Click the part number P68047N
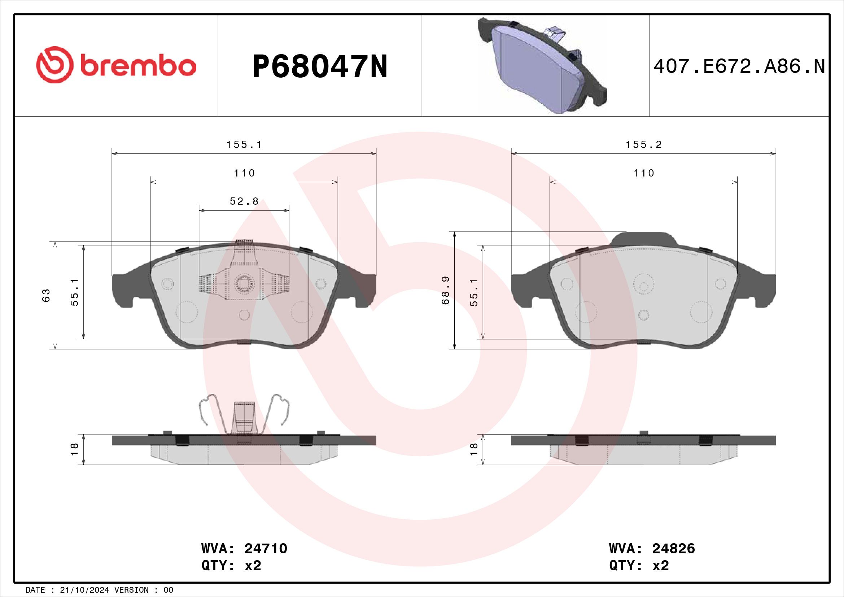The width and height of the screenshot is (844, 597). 320,66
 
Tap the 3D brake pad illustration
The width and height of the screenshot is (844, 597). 542,65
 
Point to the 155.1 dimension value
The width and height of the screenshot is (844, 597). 244,145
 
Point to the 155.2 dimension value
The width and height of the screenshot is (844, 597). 644,145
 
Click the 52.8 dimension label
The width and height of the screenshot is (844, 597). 244,201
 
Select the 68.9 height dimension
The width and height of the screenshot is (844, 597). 446,291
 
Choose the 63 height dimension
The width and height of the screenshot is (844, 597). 46,295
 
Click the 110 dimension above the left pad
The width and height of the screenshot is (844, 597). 244,173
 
